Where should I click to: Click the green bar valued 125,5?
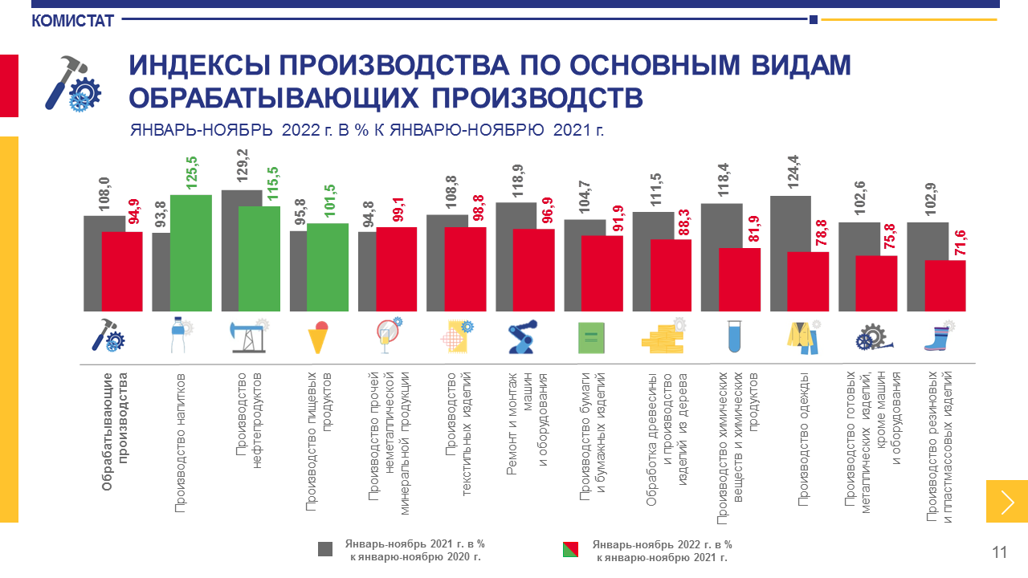[191, 253]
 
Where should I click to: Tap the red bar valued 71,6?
[945, 285]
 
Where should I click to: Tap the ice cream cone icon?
[319, 336]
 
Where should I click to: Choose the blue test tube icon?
[732, 336]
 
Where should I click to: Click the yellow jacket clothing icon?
[802, 335]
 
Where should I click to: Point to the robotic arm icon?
[523, 336]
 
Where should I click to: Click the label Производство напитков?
[181, 442]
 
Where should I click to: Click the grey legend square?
[325, 549]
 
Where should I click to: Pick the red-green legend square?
[572, 549]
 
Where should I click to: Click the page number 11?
[999, 552]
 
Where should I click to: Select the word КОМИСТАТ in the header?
[73, 22]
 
